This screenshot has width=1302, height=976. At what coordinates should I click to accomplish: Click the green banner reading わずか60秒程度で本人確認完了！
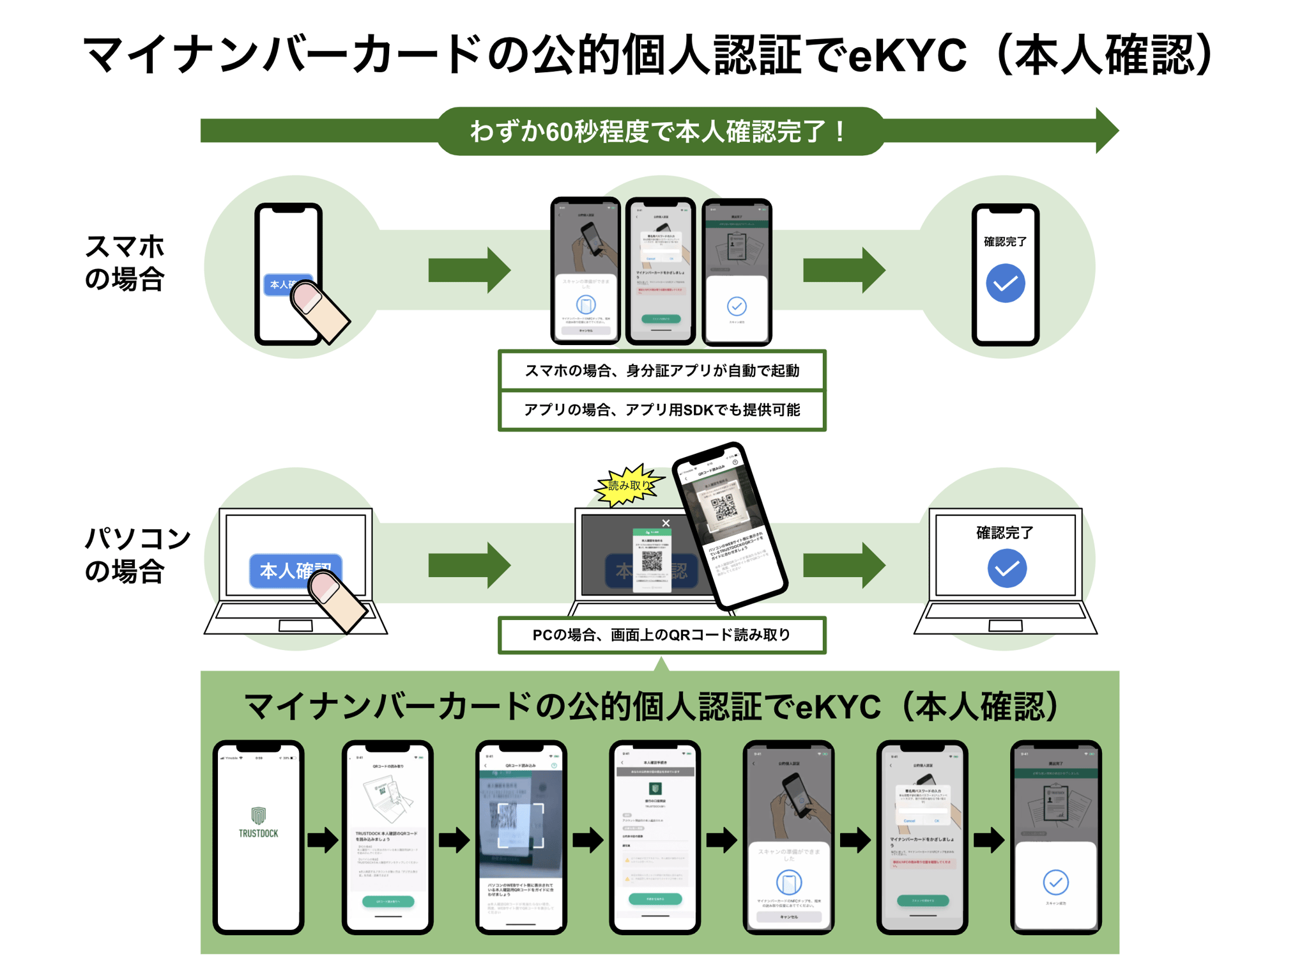[659, 132]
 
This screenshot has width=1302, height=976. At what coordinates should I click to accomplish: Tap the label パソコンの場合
[136, 555]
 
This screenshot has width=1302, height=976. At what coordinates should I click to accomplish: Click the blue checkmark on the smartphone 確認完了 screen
[1005, 283]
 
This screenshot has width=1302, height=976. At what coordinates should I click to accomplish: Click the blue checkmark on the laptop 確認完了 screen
[1006, 568]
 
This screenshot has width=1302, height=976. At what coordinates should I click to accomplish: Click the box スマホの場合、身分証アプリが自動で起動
[661, 371]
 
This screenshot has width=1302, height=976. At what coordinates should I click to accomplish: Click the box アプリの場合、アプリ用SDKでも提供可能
[661, 410]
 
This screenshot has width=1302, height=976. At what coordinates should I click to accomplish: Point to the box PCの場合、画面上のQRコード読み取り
[661, 635]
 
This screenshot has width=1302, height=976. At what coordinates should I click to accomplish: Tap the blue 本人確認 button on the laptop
[281, 569]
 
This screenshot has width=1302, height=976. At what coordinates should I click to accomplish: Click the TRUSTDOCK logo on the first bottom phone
[258, 823]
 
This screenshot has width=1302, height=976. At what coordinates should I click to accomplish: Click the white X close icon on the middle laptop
[666, 523]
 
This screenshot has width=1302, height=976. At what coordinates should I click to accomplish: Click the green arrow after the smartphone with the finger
[469, 270]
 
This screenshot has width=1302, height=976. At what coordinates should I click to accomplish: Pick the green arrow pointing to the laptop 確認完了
[843, 565]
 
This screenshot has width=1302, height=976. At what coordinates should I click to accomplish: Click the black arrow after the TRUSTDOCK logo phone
[323, 840]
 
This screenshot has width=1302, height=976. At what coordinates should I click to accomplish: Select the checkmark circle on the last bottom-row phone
[1055, 882]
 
